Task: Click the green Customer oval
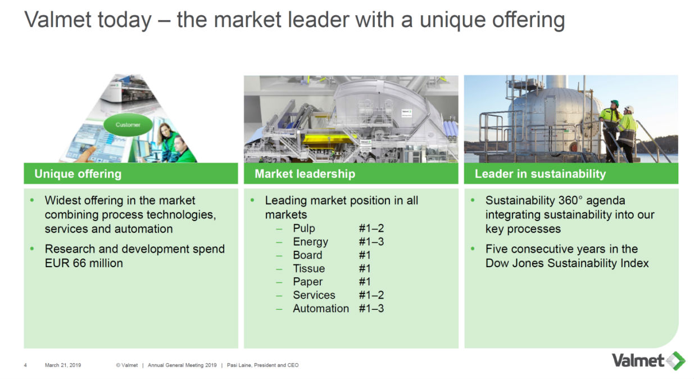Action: click(x=128, y=125)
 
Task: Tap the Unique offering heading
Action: click(x=78, y=174)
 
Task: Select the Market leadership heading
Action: click(x=305, y=174)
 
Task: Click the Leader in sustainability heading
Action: click(x=540, y=174)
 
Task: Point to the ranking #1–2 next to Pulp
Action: click(x=371, y=228)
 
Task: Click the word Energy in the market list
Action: click(x=310, y=242)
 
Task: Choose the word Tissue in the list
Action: click(x=309, y=268)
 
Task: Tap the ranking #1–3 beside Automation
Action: click(x=371, y=308)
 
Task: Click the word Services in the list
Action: click(x=314, y=295)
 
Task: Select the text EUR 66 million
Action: click(x=84, y=263)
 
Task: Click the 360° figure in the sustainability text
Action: click(x=569, y=200)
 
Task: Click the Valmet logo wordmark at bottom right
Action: click(x=638, y=360)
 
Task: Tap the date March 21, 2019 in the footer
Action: click(x=63, y=365)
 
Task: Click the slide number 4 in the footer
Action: click(x=25, y=366)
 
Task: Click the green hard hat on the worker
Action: click(x=615, y=103)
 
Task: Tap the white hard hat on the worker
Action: click(x=629, y=109)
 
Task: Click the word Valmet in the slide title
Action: click(x=58, y=20)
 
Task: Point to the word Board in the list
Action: click(x=307, y=255)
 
